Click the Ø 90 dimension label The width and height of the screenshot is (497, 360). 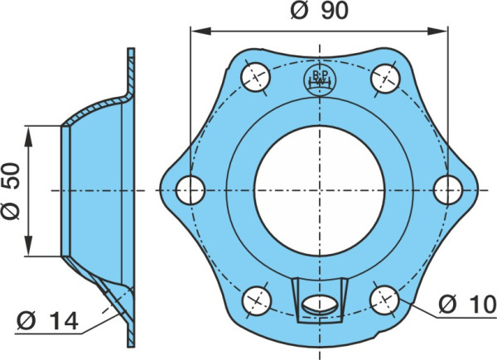(x=319, y=11)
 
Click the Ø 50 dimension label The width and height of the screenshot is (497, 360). (x=10, y=191)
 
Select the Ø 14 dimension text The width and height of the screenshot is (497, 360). (x=47, y=321)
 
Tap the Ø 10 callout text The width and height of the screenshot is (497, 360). (x=467, y=305)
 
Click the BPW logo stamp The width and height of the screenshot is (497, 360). (x=320, y=80)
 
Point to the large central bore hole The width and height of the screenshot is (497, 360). (x=320, y=190)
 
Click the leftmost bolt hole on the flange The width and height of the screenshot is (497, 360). (x=191, y=190)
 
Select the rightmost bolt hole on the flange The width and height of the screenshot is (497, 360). (x=448, y=190)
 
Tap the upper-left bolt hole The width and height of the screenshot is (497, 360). (x=255, y=77)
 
